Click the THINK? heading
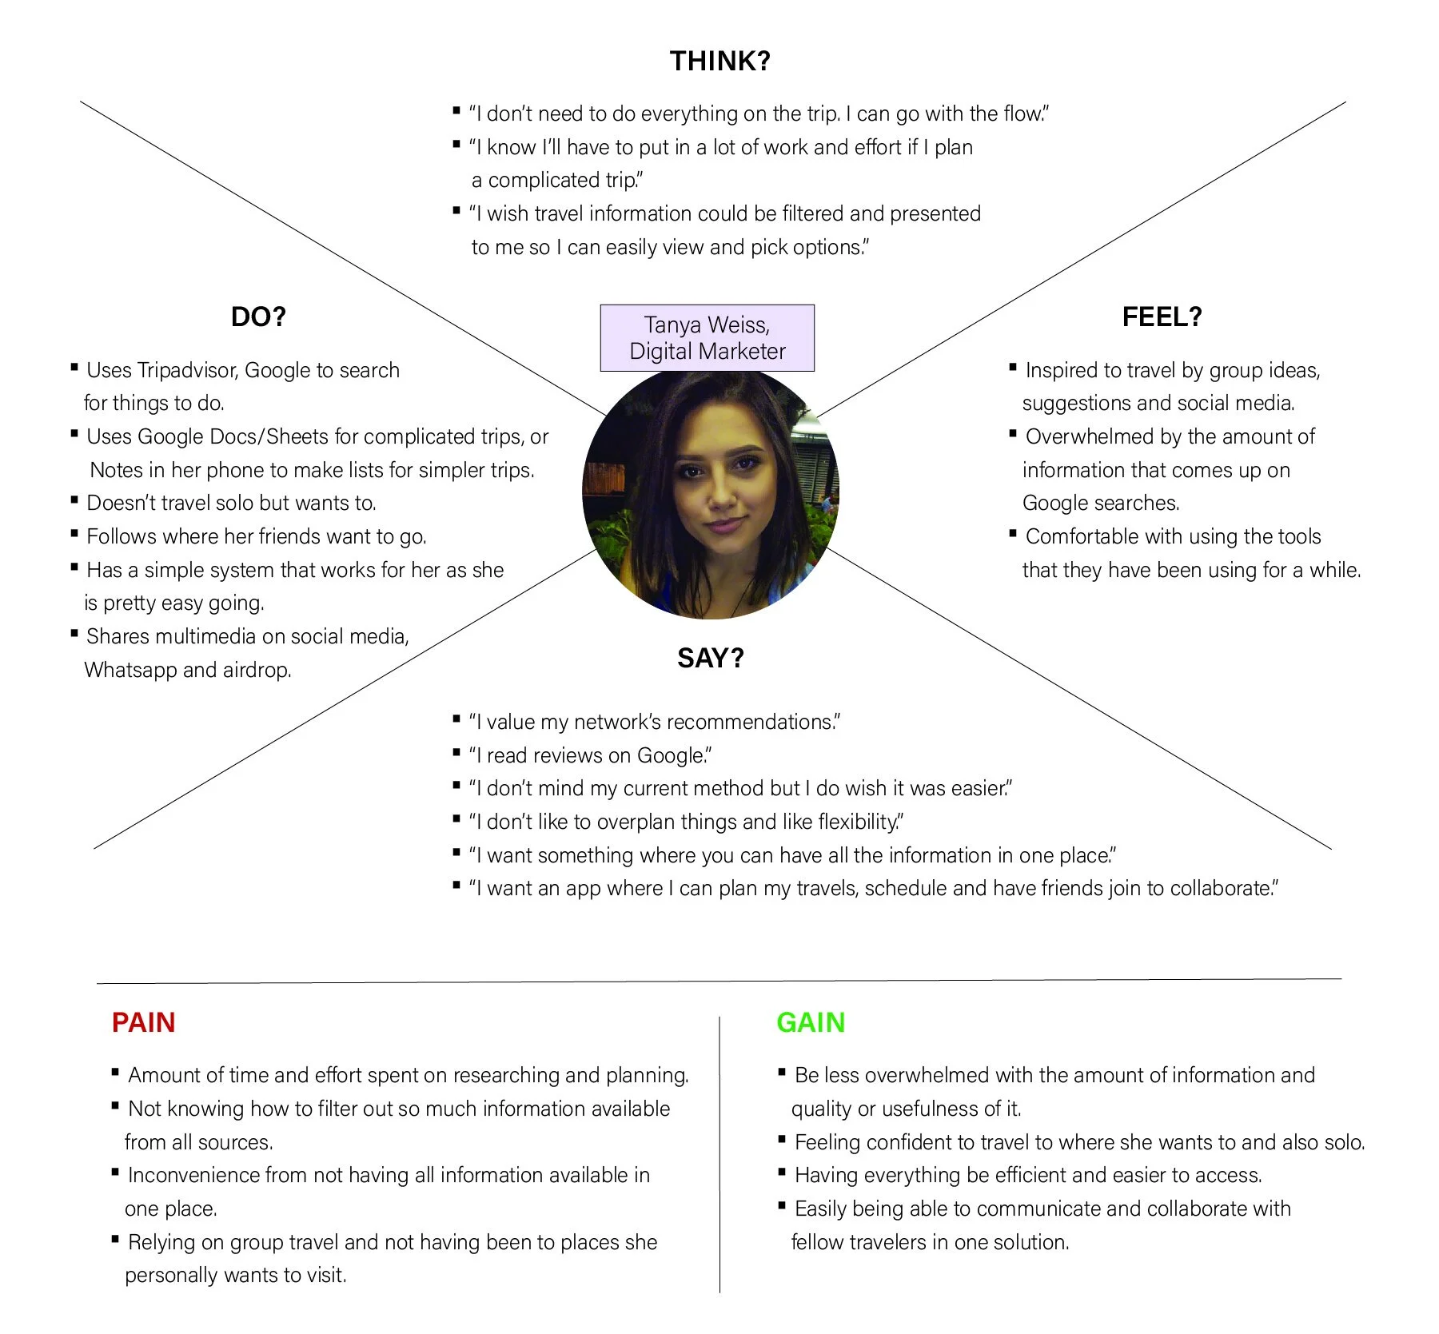pyautogui.click(x=719, y=62)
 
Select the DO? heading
pyautogui.click(x=257, y=317)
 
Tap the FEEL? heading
pyautogui.click(x=1162, y=317)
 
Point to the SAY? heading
pyautogui.click(x=710, y=659)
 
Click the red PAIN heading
pyautogui.click(x=143, y=1023)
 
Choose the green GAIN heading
pyautogui.click(x=811, y=1023)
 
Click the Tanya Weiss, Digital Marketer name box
pyautogui.click(x=707, y=338)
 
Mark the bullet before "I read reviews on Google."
pyautogui.click(x=456, y=753)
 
